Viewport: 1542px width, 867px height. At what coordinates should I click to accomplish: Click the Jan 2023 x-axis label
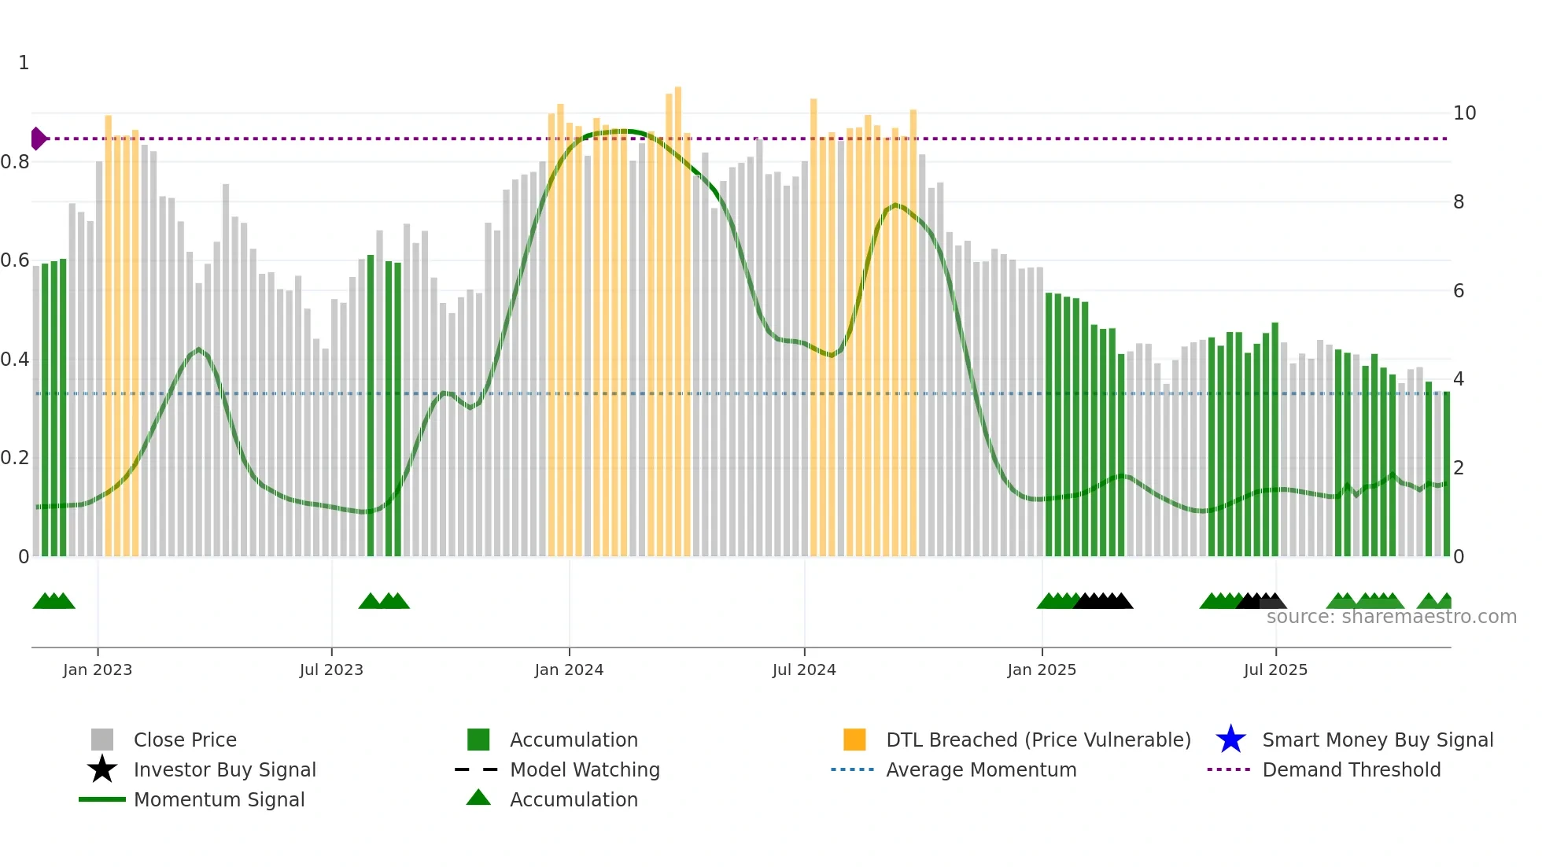pyautogui.click(x=98, y=670)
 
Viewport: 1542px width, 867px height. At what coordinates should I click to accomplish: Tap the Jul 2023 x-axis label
pyautogui.click(x=331, y=670)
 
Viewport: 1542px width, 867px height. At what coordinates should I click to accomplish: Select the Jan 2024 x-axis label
pyautogui.click(x=569, y=670)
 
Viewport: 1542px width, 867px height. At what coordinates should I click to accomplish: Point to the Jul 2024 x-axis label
pyautogui.click(x=804, y=670)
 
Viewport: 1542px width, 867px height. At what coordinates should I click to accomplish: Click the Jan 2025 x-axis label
pyautogui.click(x=1042, y=670)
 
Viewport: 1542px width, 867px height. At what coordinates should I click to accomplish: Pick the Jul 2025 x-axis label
pyautogui.click(x=1275, y=670)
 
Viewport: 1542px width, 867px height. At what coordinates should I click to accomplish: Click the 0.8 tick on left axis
pyautogui.click(x=15, y=162)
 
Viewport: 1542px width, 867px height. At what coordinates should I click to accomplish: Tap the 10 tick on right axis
pyautogui.click(x=1464, y=113)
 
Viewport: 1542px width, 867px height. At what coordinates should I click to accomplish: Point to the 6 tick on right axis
pyautogui.click(x=1459, y=291)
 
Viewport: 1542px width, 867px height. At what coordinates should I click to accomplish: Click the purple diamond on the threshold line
pyautogui.click(x=38, y=138)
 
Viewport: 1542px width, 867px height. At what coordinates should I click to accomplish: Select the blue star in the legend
pyautogui.click(x=1230, y=740)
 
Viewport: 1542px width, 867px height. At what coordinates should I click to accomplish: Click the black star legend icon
pyautogui.click(x=102, y=769)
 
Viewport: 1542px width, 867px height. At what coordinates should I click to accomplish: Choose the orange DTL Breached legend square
pyautogui.click(x=854, y=740)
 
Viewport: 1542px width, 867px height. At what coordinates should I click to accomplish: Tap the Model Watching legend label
pyautogui.click(x=585, y=769)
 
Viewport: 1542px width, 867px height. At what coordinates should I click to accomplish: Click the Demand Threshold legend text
pyautogui.click(x=1351, y=769)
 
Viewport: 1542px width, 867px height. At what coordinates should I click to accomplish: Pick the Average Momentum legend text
pyautogui.click(x=981, y=769)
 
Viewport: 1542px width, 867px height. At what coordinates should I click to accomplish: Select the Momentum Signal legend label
pyautogui.click(x=219, y=799)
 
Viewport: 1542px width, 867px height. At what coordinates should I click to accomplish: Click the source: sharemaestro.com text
pyautogui.click(x=1391, y=617)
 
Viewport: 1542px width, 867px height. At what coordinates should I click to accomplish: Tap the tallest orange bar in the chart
pyautogui.click(x=678, y=315)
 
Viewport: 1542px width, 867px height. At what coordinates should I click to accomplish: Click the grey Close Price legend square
pyautogui.click(x=102, y=740)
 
